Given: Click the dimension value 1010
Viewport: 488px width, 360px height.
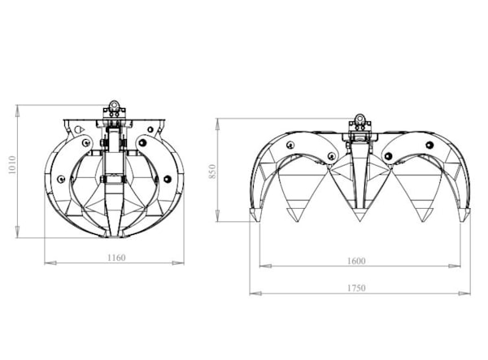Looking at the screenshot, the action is click(12, 165).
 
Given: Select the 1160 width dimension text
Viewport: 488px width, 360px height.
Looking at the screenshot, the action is click(116, 258).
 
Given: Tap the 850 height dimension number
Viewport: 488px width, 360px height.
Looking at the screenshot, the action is click(212, 171).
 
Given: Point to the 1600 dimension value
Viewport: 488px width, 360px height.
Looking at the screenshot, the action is click(356, 261).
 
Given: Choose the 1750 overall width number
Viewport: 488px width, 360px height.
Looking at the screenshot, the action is click(356, 288).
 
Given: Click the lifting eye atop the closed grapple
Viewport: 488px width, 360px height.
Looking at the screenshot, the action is click(114, 105).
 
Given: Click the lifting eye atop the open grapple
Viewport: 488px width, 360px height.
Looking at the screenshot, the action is click(359, 118).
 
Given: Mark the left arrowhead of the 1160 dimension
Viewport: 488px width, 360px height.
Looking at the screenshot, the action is click(50, 263).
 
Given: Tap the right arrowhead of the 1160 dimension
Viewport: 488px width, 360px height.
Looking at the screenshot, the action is click(178, 263).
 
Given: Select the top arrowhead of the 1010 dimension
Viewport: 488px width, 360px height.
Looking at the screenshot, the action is click(18, 111).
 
